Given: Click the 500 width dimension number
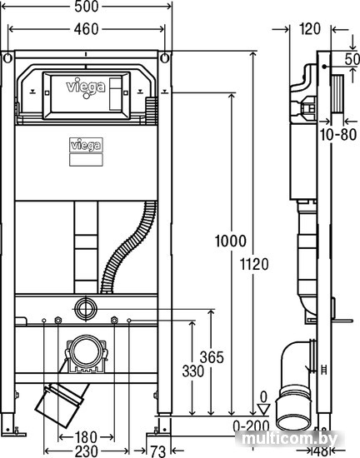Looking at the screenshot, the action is coord(87,7).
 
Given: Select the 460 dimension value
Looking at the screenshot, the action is coord(86,29).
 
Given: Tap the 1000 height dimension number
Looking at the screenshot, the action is coord(231,241).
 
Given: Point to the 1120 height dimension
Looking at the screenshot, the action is coord(254,264).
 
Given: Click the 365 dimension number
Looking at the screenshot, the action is coord(212,357).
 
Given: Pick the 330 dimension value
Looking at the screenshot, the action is coord(193,371).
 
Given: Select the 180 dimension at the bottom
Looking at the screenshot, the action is coord(86,437).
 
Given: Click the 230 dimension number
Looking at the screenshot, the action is coord(86,451).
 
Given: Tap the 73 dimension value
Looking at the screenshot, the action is coord(158,451).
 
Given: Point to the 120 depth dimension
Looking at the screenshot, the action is coord(310,29).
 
